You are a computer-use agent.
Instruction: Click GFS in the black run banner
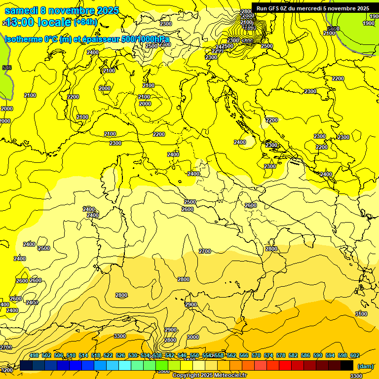(x=273, y=8)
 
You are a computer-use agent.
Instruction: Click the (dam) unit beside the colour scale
(x=365, y=366)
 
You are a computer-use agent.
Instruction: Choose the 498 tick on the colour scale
(x=34, y=355)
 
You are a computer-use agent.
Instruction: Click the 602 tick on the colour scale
(x=355, y=355)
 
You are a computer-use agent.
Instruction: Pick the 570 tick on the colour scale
(x=256, y=355)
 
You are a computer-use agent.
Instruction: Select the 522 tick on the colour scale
(x=108, y=355)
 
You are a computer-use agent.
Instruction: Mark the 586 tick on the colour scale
(x=305, y=355)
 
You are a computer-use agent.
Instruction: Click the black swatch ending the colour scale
(x=347, y=365)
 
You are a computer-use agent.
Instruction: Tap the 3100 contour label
(x=361, y=314)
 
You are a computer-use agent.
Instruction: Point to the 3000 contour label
(x=193, y=337)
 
